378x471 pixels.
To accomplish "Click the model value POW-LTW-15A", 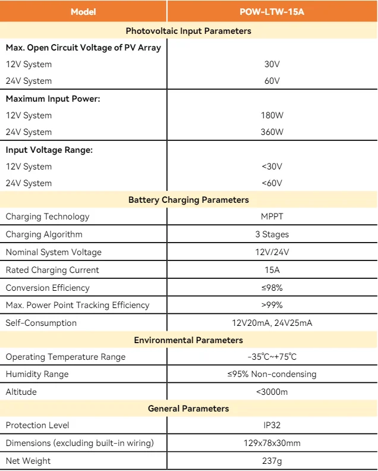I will pos(272,11).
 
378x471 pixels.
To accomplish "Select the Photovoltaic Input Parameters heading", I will pos(188,31).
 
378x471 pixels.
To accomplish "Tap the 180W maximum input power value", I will pos(272,115).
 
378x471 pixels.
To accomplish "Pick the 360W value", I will pos(272,132).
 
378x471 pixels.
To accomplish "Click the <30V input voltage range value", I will pos(272,167).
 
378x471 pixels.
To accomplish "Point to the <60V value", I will pos(272,183).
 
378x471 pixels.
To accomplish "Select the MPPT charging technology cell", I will pos(272,216).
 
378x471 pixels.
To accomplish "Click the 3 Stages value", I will pos(272,234).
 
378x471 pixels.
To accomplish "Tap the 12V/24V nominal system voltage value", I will pos(272,252).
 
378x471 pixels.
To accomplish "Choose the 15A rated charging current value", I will pos(272,270).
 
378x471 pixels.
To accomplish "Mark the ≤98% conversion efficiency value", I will pos(272,288).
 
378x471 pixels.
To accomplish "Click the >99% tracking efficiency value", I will pos(272,305).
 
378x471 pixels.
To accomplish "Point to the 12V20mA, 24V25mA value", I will pos(272,323).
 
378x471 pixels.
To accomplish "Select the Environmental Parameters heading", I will pos(188,340).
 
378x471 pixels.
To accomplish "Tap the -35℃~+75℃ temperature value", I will pos(272,357).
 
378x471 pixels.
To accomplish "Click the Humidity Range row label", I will pos(37,374).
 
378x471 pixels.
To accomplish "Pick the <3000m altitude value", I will pos(272,392).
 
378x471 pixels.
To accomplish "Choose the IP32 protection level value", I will pos(272,425).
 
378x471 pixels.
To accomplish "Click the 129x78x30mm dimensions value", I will pos(272,443).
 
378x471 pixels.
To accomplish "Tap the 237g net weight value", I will pos(272,461).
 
